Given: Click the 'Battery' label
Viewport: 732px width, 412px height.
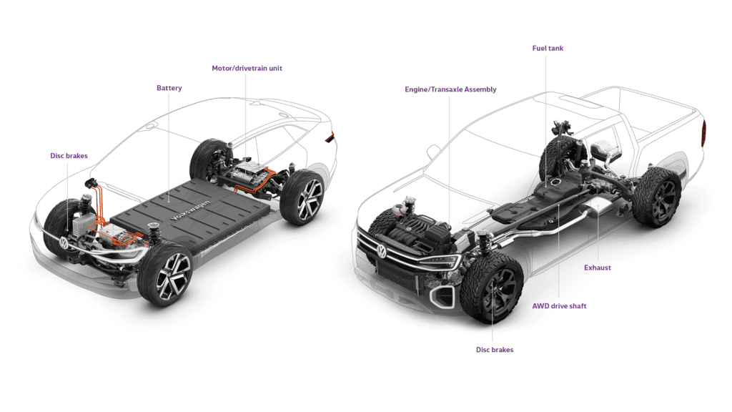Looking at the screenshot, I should coord(169,88).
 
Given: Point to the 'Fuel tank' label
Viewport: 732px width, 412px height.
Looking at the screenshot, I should coord(548,48).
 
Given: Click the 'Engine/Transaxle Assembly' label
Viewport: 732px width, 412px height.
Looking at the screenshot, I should coord(450,89).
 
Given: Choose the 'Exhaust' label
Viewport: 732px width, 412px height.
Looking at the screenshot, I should coord(598,268).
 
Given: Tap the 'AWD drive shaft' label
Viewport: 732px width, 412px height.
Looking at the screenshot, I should coord(559,305).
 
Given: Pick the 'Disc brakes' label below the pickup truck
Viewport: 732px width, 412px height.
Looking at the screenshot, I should coord(495,350).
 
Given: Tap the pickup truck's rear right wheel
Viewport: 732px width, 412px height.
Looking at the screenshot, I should coord(656,197).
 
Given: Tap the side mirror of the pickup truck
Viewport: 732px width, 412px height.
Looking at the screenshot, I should coord(434,151).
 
